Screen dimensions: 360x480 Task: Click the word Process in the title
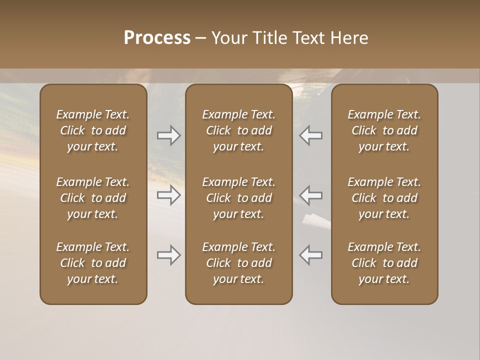pos(157,38)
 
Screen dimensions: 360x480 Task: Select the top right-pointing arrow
pos(169,135)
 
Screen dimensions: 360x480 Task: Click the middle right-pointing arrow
pos(169,195)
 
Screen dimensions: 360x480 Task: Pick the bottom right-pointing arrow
pos(169,255)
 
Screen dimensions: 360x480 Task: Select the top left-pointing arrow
pos(310,135)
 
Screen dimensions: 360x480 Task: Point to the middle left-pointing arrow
pos(310,195)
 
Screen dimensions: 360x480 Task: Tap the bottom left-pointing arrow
pos(310,255)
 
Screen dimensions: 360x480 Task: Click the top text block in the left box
pos(93,130)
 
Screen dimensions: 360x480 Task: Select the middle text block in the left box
pos(93,198)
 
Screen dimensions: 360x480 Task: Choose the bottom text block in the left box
pos(93,263)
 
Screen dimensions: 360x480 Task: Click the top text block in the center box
pos(238,130)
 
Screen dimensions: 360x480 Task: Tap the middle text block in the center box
pos(238,198)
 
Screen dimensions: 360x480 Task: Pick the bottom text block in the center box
pos(238,263)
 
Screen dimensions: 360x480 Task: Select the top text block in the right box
pos(384,130)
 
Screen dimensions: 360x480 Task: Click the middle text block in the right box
pos(384,198)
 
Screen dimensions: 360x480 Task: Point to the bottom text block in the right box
pos(384,263)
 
